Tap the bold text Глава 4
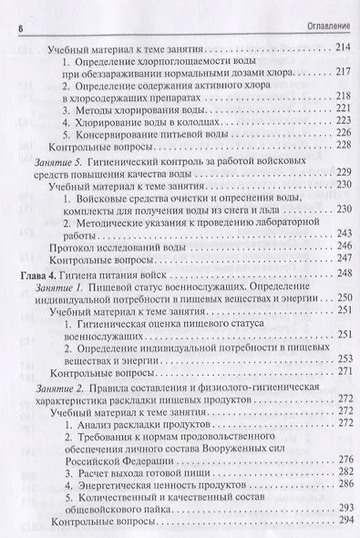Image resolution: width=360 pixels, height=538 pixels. click(39, 274)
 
